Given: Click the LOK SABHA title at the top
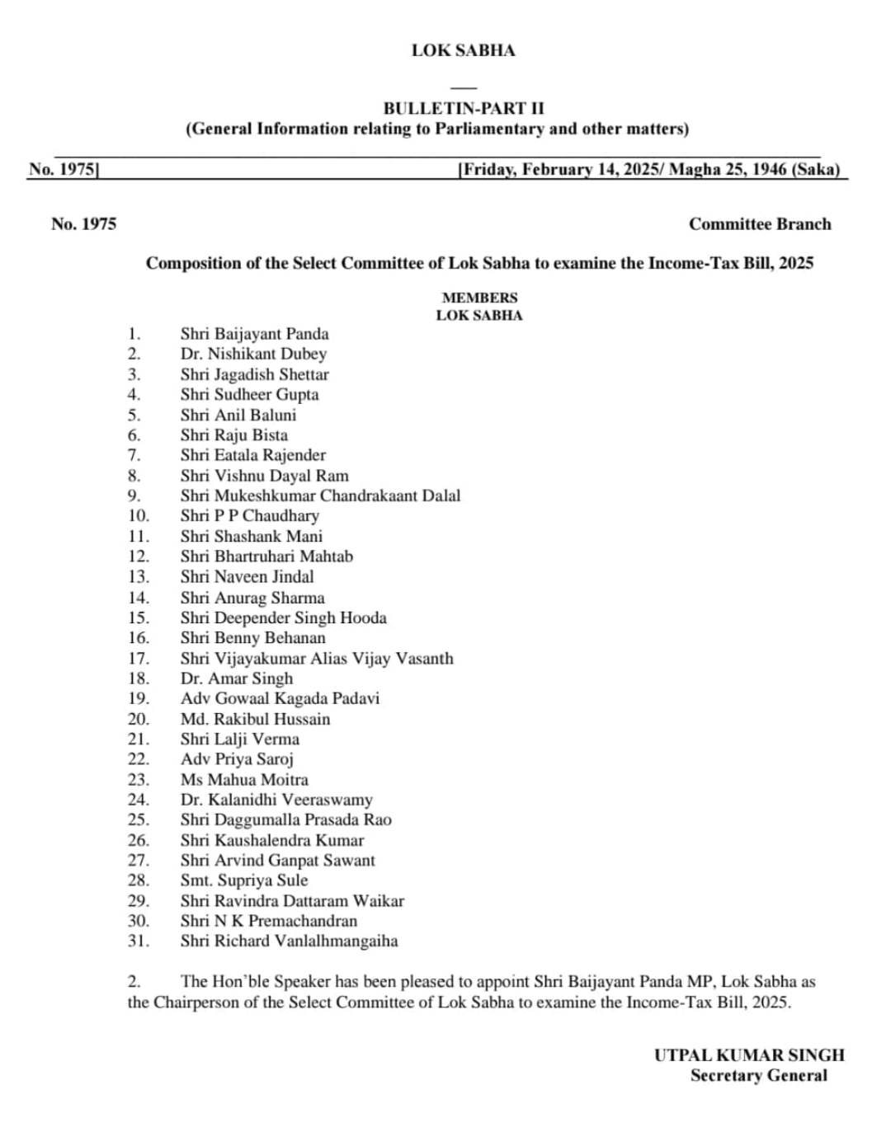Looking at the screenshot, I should click(463, 50).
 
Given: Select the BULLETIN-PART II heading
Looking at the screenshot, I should click(463, 108).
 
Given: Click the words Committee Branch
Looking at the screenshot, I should click(760, 224).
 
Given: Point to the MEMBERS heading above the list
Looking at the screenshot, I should click(479, 298).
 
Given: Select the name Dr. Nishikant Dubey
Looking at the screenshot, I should click(253, 354).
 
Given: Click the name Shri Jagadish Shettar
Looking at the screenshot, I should click(254, 374).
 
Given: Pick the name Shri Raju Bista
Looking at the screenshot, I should click(234, 435).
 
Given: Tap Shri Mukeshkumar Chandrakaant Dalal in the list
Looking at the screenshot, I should click(320, 495).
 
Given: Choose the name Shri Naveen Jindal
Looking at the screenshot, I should click(247, 576).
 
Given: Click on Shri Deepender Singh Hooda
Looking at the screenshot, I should click(283, 617).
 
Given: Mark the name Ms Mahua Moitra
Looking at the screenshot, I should click(244, 779).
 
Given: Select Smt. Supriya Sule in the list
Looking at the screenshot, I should click(243, 880).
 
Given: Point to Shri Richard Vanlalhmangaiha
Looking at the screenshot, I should click(289, 941).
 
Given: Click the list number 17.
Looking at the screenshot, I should click(138, 658).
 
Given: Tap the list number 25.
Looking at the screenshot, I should click(138, 819).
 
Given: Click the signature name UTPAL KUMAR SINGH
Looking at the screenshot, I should click(749, 1055).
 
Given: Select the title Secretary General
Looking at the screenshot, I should click(758, 1075).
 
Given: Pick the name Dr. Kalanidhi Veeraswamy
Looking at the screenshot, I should click(276, 800).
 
